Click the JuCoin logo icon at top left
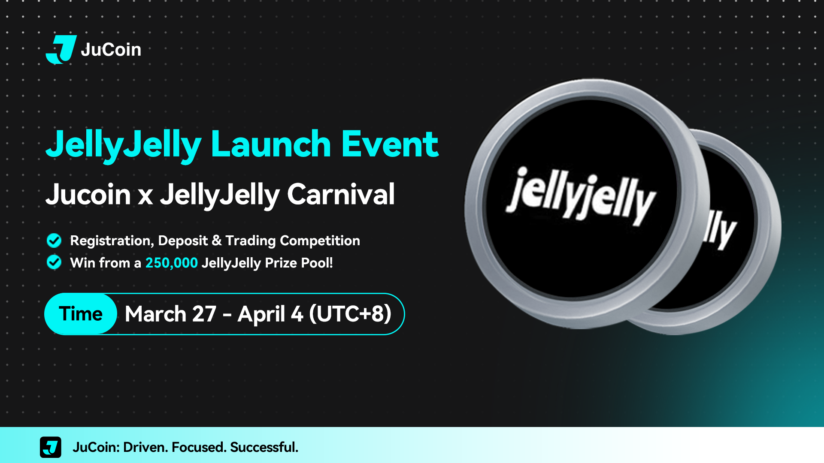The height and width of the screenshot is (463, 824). point(61,49)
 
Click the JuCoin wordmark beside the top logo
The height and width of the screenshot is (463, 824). point(111,50)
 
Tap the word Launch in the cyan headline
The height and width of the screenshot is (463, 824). point(271,144)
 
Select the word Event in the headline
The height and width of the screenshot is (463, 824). point(390,144)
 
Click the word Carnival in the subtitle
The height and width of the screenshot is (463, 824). point(341,194)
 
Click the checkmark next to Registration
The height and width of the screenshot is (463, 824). point(54,241)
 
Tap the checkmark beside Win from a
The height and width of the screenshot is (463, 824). point(54,262)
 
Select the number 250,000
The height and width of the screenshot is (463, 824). point(171,263)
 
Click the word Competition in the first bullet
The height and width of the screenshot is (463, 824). point(320,241)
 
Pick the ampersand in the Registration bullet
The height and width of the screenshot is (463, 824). point(217,241)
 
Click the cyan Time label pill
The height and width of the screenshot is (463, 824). point(81,314)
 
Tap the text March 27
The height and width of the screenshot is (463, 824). point(170,314)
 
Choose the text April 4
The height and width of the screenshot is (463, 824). point(270,314)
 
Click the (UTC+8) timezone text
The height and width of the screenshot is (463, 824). point(350,314)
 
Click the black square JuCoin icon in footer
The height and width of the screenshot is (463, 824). point(51,447)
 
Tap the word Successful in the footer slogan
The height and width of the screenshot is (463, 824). point(264,447)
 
